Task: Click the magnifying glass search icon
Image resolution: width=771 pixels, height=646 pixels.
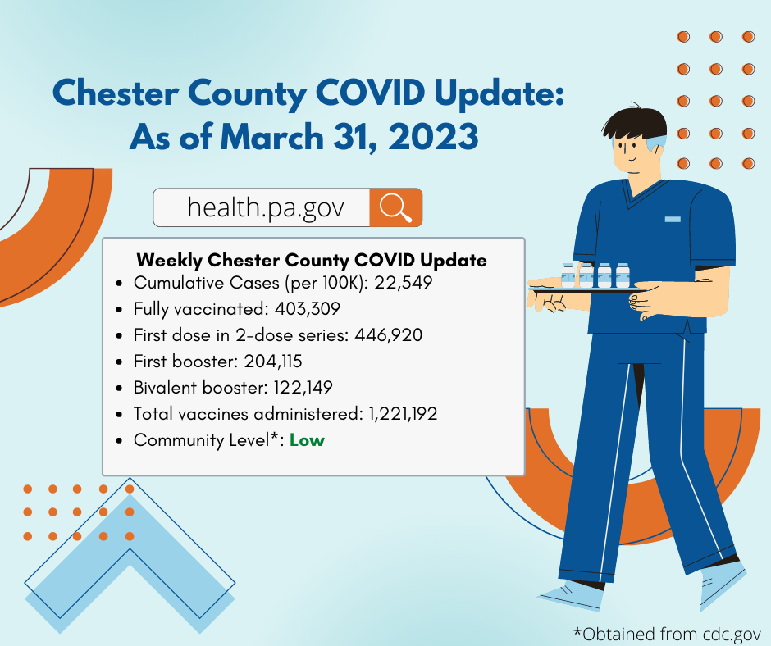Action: (x=396, y=207)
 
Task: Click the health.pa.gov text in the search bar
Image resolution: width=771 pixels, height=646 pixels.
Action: (x=266, y=207)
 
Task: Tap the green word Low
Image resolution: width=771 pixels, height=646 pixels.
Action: (x=307, y=440)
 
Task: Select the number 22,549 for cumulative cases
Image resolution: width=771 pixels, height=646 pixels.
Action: (x=404, y=282)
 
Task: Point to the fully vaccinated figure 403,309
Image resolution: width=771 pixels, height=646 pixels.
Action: (x=308, y=309)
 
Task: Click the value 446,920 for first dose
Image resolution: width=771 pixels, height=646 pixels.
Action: (x=389, y=334)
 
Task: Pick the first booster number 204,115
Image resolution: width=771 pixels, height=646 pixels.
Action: (x=273, y=362)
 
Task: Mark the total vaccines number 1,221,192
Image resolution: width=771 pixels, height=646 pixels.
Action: (x=404, y=413)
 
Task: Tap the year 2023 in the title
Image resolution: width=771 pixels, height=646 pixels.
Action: (x=433, y=136)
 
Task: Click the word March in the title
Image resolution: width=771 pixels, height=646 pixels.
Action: (x=271, y=136)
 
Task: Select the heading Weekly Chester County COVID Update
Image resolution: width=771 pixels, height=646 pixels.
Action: (x=312, y=260)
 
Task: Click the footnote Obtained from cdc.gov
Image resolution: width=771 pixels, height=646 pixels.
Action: (x=667, y=634)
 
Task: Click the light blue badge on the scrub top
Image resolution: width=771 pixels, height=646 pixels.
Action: (x=673, y=219)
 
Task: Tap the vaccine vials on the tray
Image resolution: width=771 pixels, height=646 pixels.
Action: (x=595, y=275)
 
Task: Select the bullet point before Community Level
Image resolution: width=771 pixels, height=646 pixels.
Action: (x=119, y=440)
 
